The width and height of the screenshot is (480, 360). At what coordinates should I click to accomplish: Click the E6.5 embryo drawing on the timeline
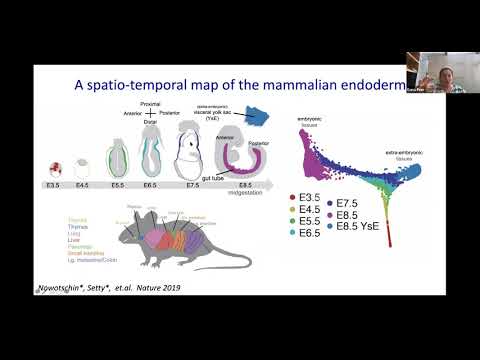coord(165,159)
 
